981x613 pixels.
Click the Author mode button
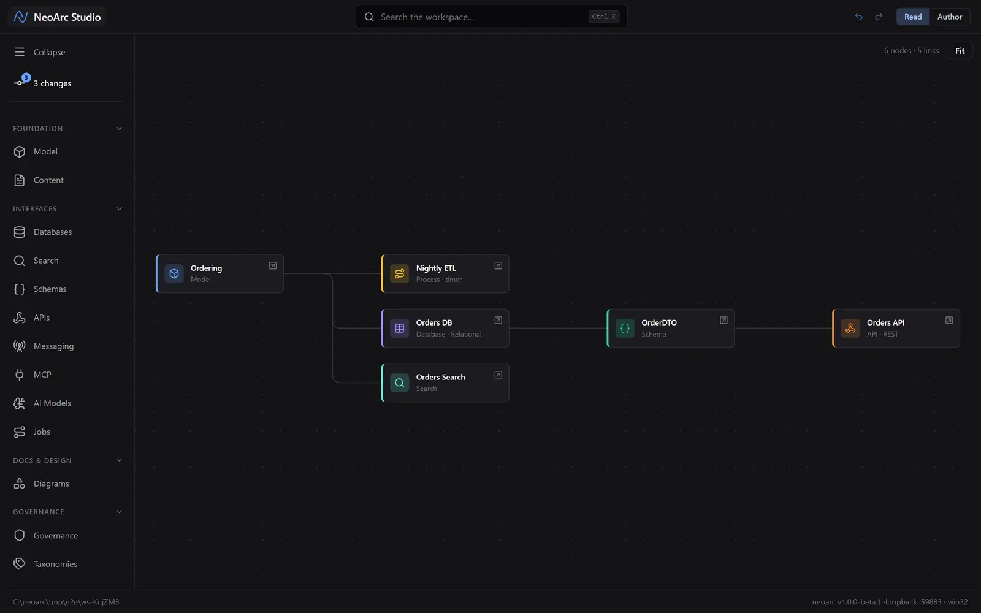coord(949,17)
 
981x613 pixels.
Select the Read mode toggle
coord(913,17)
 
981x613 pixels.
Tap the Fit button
coord(960,51)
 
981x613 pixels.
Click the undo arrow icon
coord(858,17)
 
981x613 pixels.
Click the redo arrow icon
coord(879,17)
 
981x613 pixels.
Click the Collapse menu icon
coord(19,52)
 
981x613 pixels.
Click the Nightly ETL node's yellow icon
coord(399,273)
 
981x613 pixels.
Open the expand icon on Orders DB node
coord(498,321)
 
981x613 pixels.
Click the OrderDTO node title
coord(658,322)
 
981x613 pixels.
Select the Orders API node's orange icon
coord(850,329)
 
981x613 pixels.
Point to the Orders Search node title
coord(440,377)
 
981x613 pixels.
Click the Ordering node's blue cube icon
coord(174,273)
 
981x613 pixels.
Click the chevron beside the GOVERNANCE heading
coord(119,512)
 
